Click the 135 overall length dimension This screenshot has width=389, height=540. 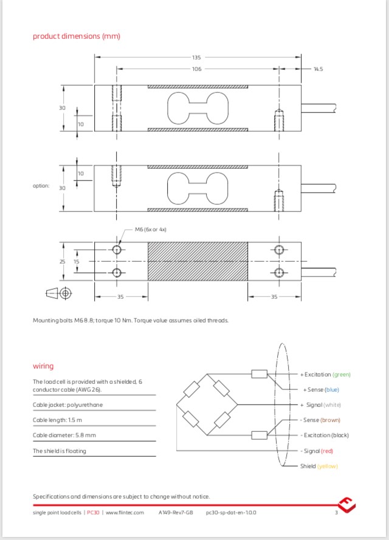[196, 57]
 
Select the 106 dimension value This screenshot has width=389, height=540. [196, 69]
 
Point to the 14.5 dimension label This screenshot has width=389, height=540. [318, 69]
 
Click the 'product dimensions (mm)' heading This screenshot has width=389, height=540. [77, 36]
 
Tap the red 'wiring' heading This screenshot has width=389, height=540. [43, 366]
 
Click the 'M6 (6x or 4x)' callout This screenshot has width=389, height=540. [150, 230]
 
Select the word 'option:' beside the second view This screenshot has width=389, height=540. [41, 186]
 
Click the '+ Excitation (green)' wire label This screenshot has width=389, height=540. [325, 374]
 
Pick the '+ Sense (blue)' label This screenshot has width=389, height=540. [322, 389]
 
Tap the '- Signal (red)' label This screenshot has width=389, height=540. [317, 451]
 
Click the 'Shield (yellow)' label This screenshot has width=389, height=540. [318, 466]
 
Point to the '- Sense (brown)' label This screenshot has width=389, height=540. [320, 420]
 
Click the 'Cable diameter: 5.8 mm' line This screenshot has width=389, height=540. [64, 435]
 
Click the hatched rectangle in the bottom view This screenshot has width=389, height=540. [198, 261]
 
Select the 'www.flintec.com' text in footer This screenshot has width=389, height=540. [125, 513]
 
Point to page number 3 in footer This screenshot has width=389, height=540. [336, 513]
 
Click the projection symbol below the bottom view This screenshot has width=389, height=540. [59, 294]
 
